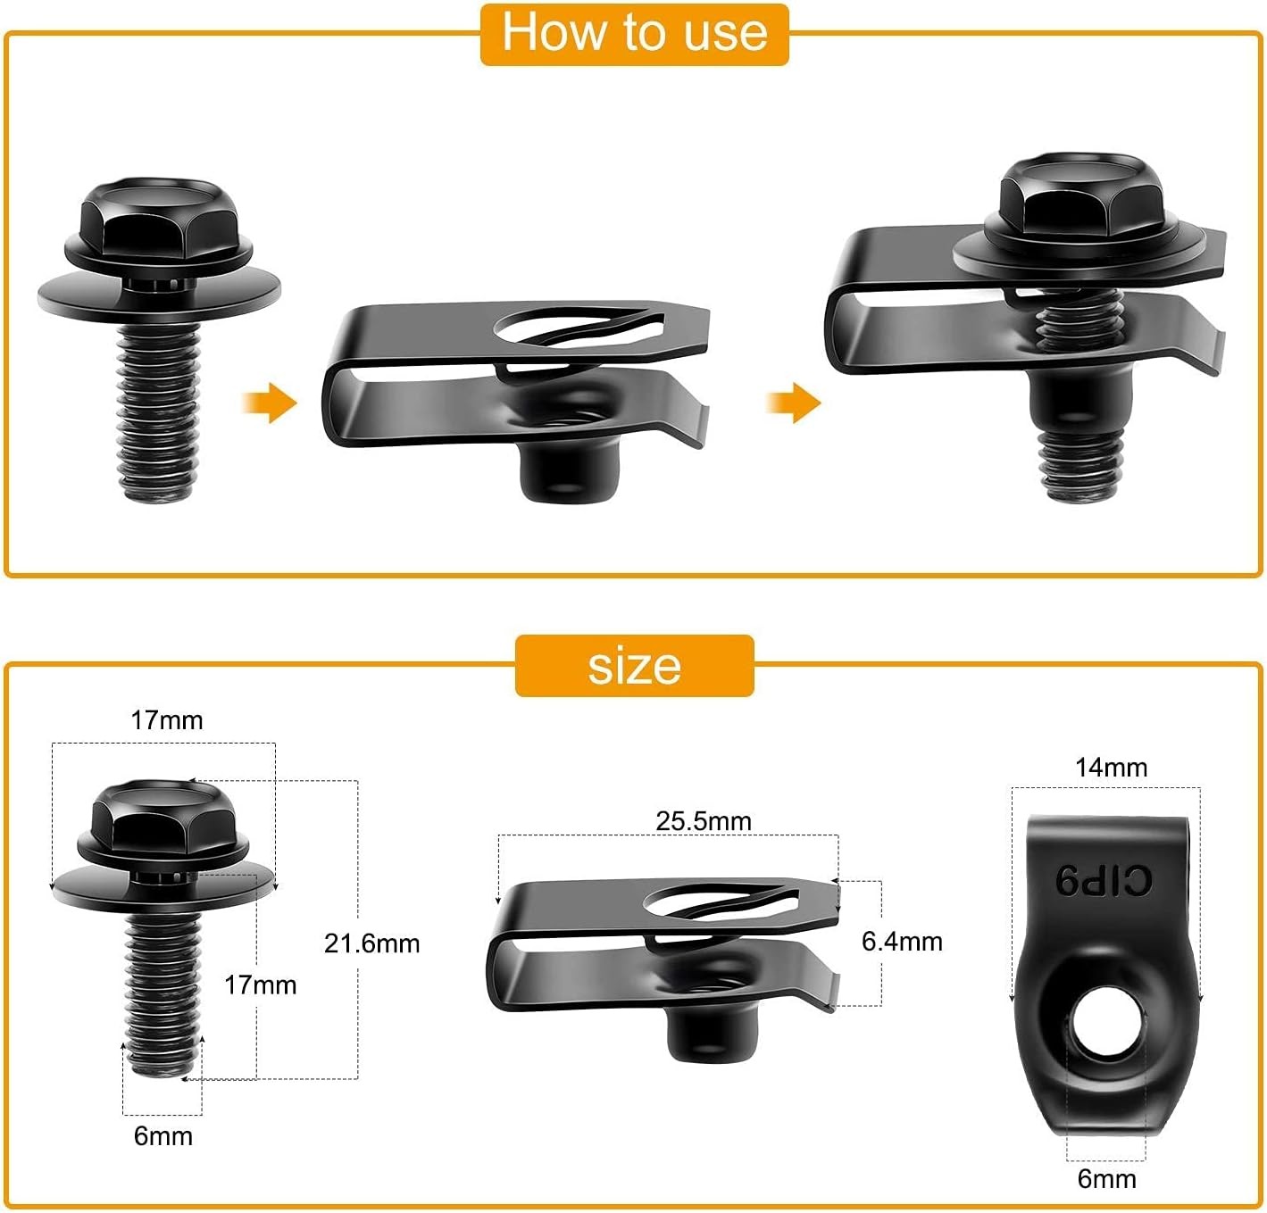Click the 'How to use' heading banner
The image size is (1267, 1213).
coord(634,34)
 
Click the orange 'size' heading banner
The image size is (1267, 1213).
coord(634,666)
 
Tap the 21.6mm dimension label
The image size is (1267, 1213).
coord(371,943)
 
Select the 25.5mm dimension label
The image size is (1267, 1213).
coord(704,821)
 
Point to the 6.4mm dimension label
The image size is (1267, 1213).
coord(902,941)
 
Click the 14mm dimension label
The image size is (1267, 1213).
coord(1111,768)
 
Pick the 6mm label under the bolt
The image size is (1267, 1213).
coord(163,1136)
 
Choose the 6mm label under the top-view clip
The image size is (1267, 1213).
coord(1106,1179)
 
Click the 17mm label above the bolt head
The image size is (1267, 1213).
coord(167,720)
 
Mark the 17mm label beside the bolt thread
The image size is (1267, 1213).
coord(260,985)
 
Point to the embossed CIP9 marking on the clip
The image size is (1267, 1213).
coord(1104,882)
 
